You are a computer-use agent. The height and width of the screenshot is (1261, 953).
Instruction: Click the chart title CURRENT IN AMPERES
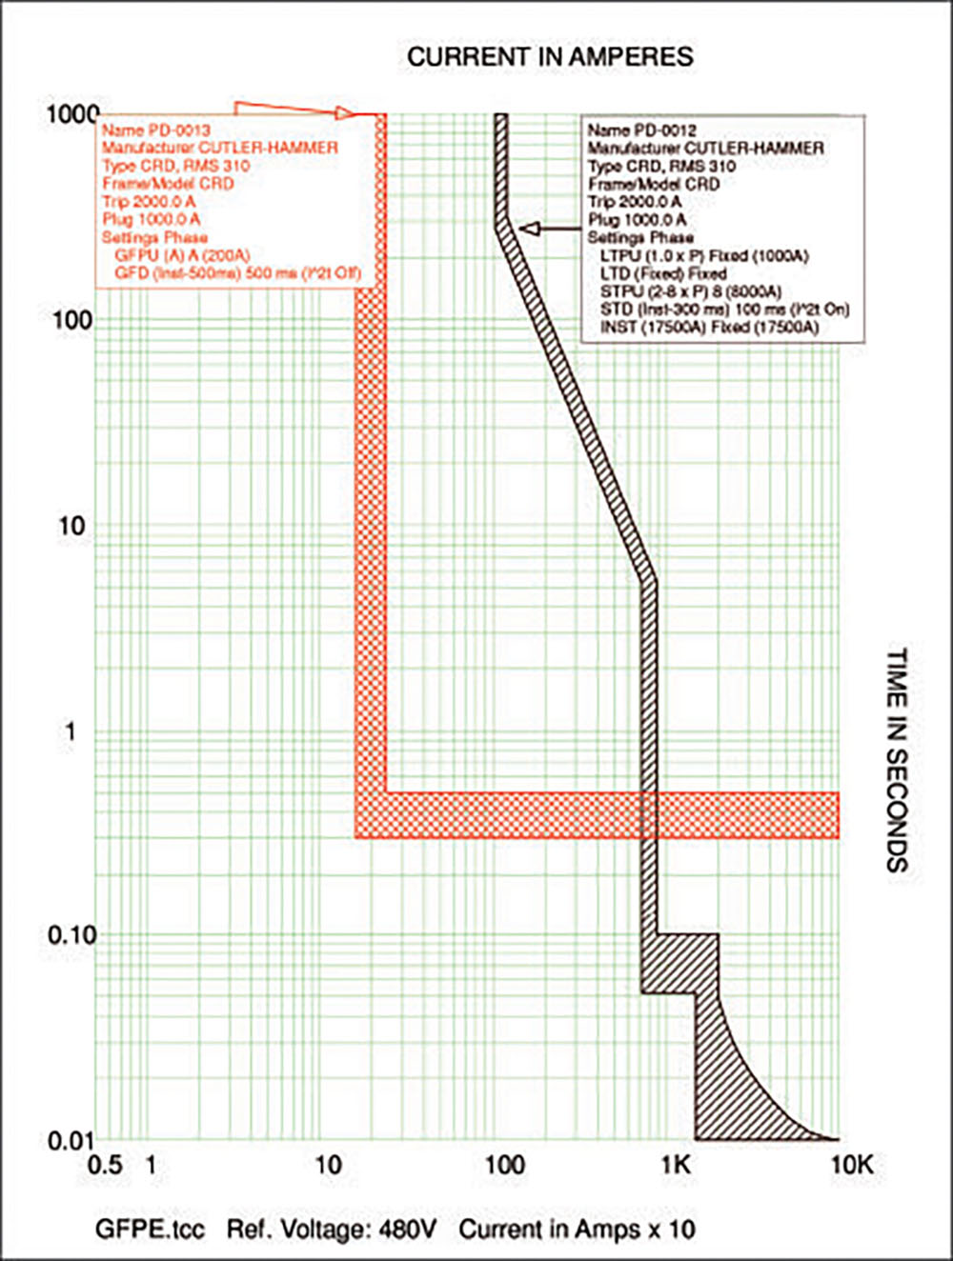click(550, 57)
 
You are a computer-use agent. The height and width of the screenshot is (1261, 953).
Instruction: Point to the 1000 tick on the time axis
click(72, 114)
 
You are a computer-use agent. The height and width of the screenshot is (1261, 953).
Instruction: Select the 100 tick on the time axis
click(72, 320)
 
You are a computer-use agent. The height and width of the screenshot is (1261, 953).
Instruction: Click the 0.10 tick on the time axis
click(72, 935)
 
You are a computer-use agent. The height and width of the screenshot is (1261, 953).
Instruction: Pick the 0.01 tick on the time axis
click(72, 1140)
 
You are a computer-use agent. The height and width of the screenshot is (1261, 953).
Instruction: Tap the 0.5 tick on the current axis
click(105, 1165)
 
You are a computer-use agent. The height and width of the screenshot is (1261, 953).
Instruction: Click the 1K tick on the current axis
click(676, 1165)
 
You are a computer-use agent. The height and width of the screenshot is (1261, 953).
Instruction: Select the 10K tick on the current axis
click(852, 1165)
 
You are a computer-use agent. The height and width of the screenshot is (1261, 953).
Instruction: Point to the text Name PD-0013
click(156, 130)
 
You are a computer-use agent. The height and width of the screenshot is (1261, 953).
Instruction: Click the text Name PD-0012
click(641, 130)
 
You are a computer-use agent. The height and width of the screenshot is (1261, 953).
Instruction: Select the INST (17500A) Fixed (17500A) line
click(709, 328)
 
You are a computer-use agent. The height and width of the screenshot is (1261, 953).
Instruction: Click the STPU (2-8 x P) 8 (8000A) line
click(691, 291)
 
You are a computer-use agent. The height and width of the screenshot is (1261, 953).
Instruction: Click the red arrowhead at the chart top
click(345, 113)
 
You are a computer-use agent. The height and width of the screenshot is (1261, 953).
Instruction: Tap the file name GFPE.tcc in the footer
click(150, 1230)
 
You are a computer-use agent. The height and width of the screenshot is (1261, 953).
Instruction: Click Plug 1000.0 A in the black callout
click(637, 220)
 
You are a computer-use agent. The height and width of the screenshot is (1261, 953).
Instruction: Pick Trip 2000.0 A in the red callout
click(149, 202)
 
